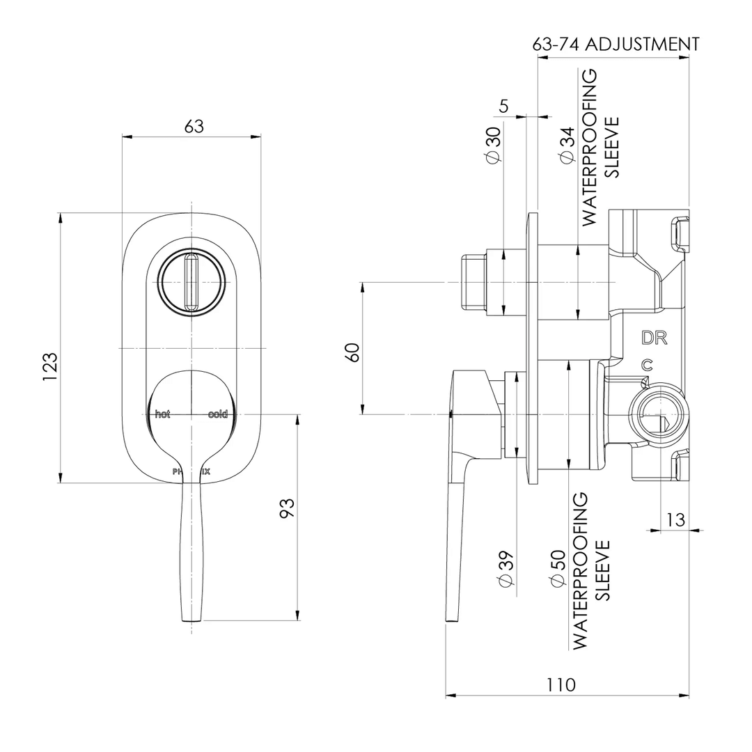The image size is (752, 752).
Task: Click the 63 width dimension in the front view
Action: [x=194, y=127]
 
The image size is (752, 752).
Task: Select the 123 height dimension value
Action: [x=49, y=366]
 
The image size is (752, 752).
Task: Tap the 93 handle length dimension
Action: [x=287, y=507]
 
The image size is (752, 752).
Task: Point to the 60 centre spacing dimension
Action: [x=353, y=352]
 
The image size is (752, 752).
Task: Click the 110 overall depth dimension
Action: [x=561, y=684]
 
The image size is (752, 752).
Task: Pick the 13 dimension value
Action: [x=675, y=519]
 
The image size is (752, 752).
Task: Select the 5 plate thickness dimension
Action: [x=504, y=106]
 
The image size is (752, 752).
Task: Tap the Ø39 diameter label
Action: [x=506, y=570]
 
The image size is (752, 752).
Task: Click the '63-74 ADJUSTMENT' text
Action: [x=616, y=45]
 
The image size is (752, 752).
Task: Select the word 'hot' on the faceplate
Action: [x=162, y=414]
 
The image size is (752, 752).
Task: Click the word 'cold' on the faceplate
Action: [x=218, y=414]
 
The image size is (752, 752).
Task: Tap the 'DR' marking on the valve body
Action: [x=655, y=338]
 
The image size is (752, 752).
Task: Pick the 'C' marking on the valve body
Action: [x=647, y=364]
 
